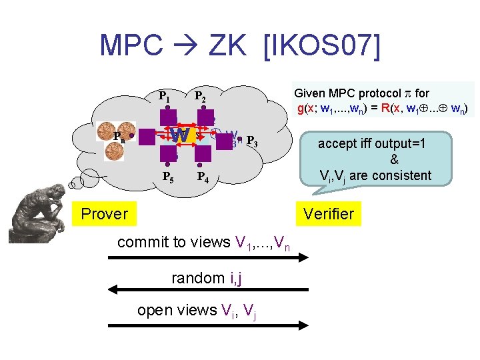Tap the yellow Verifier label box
coord(329,214)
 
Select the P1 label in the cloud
coord(164,96)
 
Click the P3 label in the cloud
coord(252,141)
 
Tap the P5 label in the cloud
coord(170,177)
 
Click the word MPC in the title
coord(131,45)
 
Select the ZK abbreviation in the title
coord(231,45)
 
